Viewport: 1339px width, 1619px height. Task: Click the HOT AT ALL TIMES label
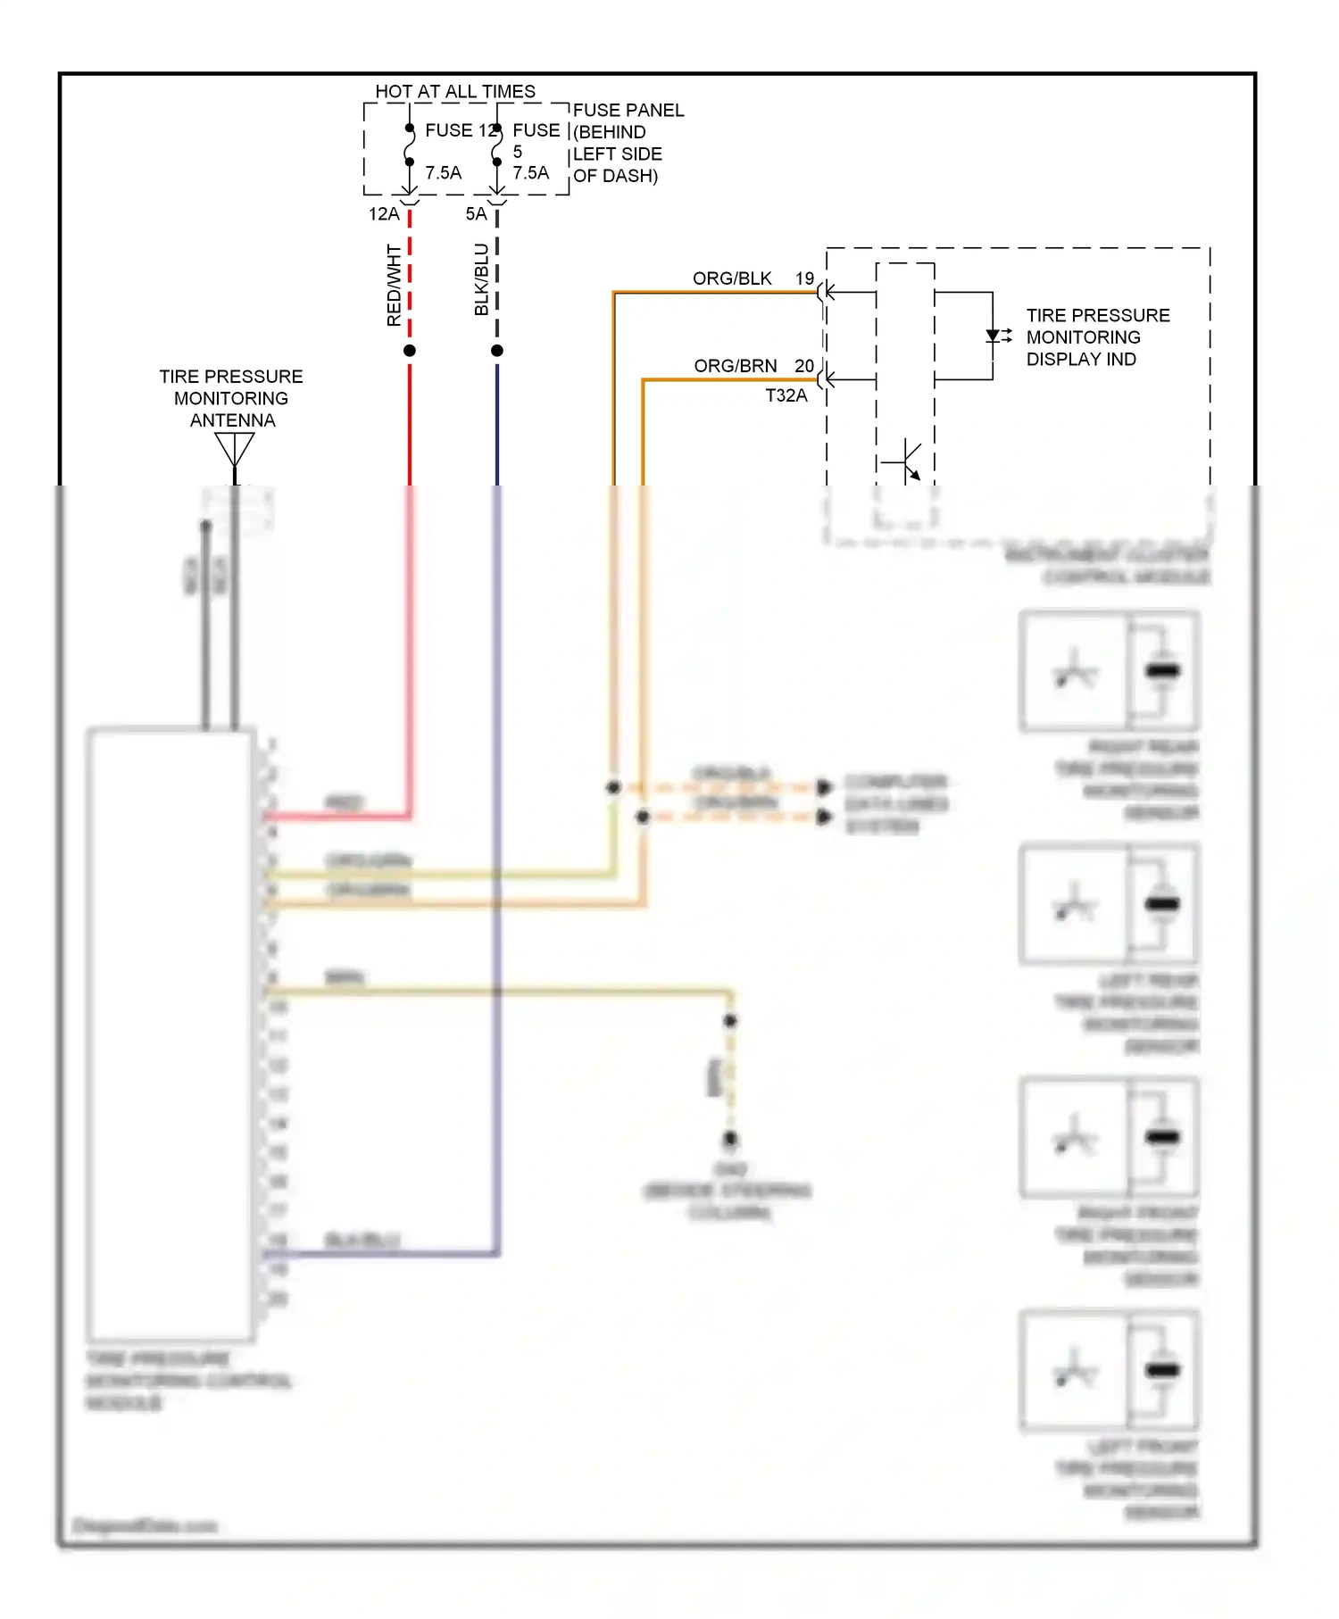(454, 92)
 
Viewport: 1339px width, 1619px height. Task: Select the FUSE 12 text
(459, 130)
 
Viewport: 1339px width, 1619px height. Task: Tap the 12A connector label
(384, 214)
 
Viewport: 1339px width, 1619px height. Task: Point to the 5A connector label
(476, 214)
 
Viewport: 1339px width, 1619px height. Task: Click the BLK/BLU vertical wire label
(481, 279)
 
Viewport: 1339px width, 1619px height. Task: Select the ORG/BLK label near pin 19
(731, 278)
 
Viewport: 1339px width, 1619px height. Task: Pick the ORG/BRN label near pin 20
(735, 366)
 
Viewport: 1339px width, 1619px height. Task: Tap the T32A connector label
(786, 395)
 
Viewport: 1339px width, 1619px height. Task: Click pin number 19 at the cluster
(804, 278)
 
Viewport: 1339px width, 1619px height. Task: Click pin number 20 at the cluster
(803, 366)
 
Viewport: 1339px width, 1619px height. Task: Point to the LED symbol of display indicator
(994, 336)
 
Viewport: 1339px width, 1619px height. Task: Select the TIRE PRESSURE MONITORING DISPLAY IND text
(1097, 337)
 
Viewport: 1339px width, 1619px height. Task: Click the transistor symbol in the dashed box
(906, 461)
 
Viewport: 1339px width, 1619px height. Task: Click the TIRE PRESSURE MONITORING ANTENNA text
(231, 398)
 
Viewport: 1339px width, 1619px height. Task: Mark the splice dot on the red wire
(410, 351)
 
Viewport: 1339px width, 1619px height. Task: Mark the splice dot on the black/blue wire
(497, 351)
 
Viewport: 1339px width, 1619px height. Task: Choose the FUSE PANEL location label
(628, 143)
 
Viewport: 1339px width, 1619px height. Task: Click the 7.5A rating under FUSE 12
(443, 173)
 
